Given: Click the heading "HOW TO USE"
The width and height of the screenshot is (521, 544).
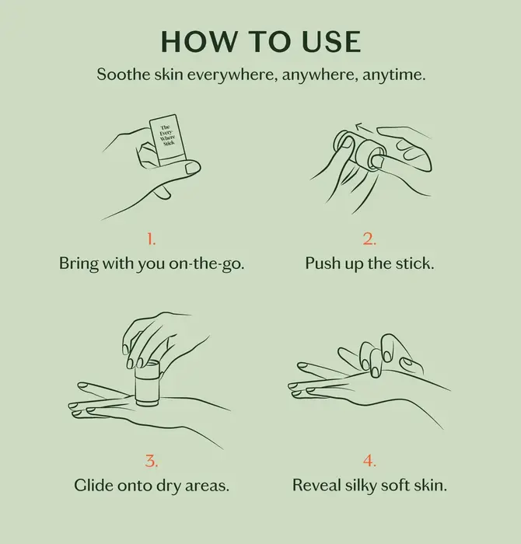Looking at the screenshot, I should click(260, 43).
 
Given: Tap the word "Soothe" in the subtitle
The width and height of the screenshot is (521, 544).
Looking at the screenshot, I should click(120, 75).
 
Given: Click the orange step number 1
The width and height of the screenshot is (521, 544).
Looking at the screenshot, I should click(152, 237).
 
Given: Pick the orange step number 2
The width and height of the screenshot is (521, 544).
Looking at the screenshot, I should click(369, 237).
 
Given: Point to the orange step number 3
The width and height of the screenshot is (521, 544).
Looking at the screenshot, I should click(152, 460).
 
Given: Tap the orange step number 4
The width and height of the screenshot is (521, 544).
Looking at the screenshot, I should click(369, 460).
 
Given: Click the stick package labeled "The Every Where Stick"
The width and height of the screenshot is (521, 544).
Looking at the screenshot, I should click(165, 138).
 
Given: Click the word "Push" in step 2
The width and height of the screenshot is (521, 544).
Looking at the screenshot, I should click(323, 263).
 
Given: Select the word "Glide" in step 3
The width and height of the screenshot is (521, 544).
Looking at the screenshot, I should click(95, 486).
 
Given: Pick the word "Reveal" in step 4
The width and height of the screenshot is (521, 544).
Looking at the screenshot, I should click(316, 486).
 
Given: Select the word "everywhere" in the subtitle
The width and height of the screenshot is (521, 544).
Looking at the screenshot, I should click(215, 75).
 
